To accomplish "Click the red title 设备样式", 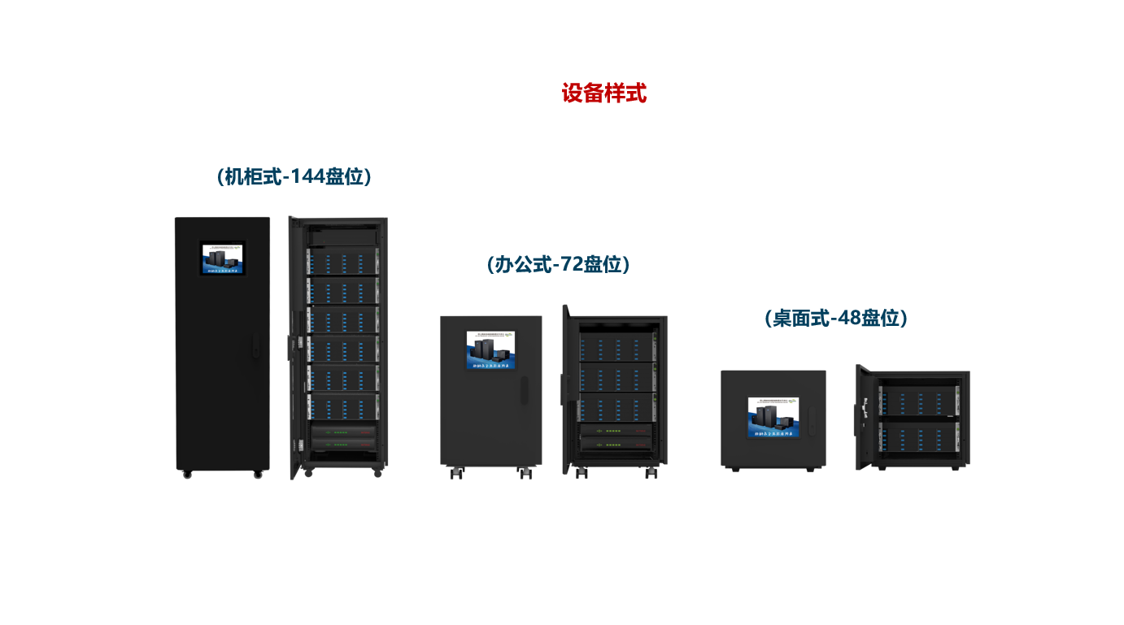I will pyautogui.click(x=603, y=93).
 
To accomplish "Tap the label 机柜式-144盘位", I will pyautogui.click(x=294, y=176).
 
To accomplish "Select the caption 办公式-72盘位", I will pyautogui.click(x=558, y=264).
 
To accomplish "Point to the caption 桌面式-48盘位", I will pyautogui.click(x=836, y=318).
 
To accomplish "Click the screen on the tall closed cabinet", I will pyautogui.click(x=223, y=258).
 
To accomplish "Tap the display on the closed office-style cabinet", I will pyautogui.click(x=490, y=350).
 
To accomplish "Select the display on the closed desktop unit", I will pyautogui.click(x=773, y=418).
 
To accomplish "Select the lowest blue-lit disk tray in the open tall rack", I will pyautogui.click(x=342, y=407).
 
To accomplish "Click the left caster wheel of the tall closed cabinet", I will pyautogui.click(x=187, y=474).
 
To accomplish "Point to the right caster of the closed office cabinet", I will pyautogui.click(x=525, y=472).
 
